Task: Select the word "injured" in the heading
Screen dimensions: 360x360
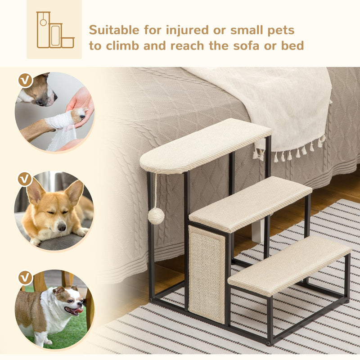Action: [x=184, y=31]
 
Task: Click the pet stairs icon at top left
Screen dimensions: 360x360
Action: [x=54, y=30]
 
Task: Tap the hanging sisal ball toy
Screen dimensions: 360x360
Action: [x=156, y=216]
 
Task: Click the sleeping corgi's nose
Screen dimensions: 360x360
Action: [x=61, y=227]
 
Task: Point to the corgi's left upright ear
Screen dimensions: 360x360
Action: [x=35, y=191]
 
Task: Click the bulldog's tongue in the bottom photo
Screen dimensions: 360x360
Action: [x=78, y=310]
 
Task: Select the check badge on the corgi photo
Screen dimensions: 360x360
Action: [x=25, y=179]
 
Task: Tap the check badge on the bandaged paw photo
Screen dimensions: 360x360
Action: [x=25, y=81]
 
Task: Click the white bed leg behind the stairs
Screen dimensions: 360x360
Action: [x=257, y=230]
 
